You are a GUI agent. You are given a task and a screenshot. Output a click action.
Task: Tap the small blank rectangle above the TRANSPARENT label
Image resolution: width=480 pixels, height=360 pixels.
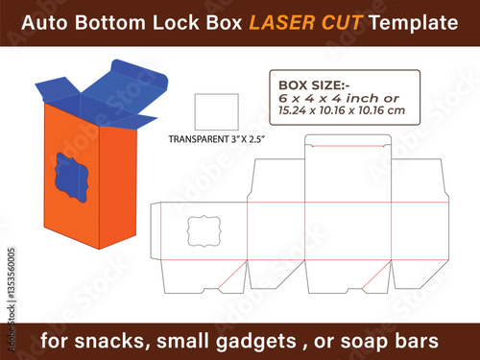[x=217, y=111]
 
